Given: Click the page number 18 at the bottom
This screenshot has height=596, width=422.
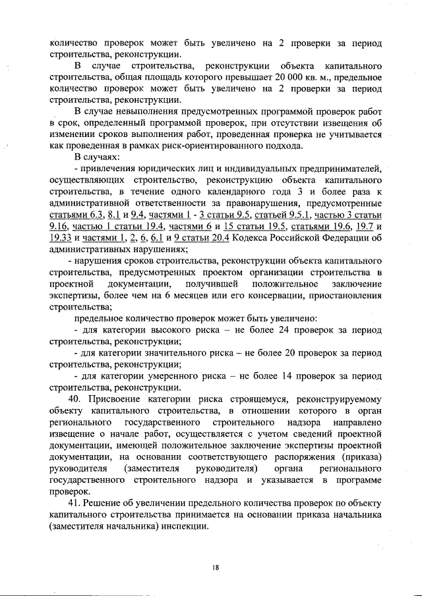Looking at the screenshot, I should point(215,567).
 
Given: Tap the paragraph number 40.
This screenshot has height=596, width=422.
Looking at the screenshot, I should point(75,398).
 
